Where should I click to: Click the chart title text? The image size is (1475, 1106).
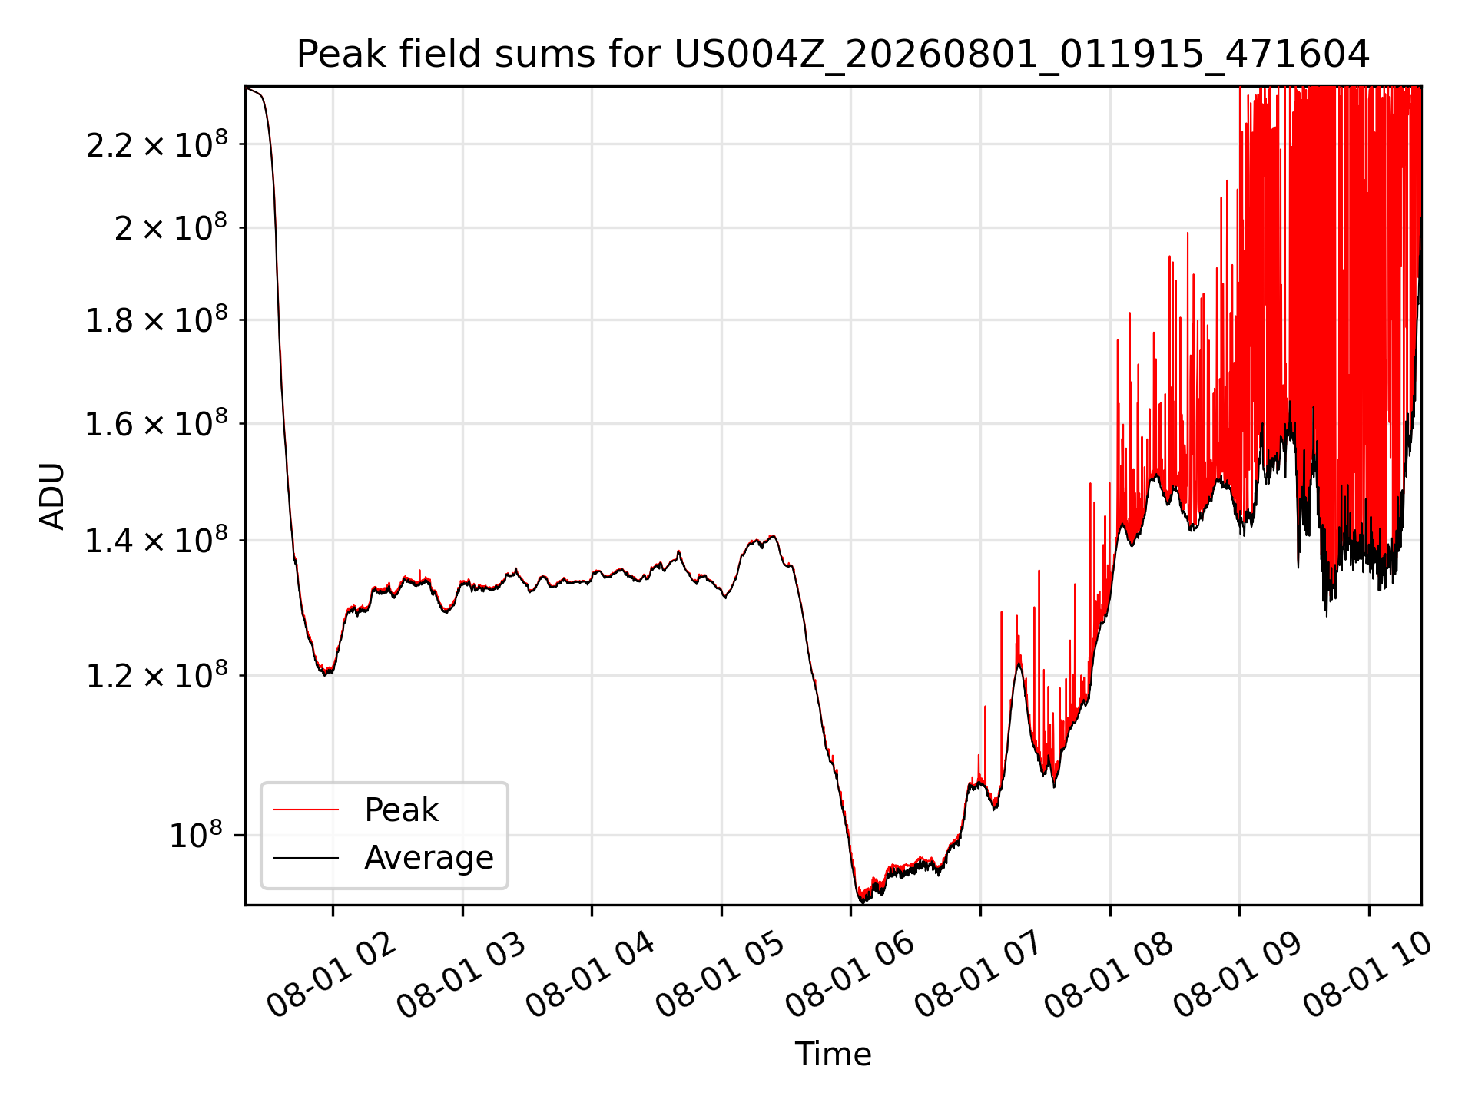pyautogui.click(x=833, y=55)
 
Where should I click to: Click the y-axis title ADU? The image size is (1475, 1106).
pyautogui.click(x=52, y=496)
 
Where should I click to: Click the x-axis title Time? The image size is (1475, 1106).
pyautogui.click(x=833, y=1054)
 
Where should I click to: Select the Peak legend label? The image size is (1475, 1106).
pyautogui.click(x=401, y=810)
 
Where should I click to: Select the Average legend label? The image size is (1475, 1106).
pyautogui.click(x=429, y=857)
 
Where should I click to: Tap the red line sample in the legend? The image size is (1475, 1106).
pyautogui.click(x=306, y=810)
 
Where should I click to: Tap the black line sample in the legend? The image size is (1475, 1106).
pyautogui.click(x=306, y=857)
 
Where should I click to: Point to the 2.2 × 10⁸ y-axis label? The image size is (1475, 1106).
pyautogui.click(x=157, y=144)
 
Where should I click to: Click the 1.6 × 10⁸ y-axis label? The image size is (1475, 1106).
pyautogui.click(x=157, y=423)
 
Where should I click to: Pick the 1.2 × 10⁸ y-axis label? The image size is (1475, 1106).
pyautogui.click(x=157, y=675)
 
